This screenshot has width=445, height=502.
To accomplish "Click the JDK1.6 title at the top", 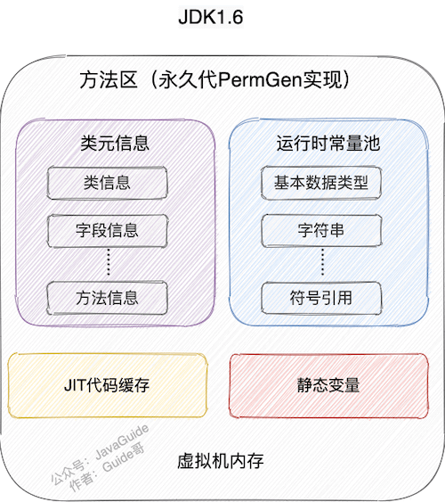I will (222, 19).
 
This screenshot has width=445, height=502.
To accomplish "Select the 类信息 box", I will (108, 183).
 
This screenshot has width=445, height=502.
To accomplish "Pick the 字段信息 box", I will (108, 230).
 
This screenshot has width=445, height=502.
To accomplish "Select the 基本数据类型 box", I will (322, 184).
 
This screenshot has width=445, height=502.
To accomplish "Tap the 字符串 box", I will (322, 230).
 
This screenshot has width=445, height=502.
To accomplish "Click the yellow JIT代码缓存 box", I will (107, 386).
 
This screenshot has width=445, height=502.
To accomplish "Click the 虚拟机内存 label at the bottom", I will (222, 463).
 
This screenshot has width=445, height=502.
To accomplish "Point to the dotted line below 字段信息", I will (108, 263).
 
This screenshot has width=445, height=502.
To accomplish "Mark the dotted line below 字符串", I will (322, 263).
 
